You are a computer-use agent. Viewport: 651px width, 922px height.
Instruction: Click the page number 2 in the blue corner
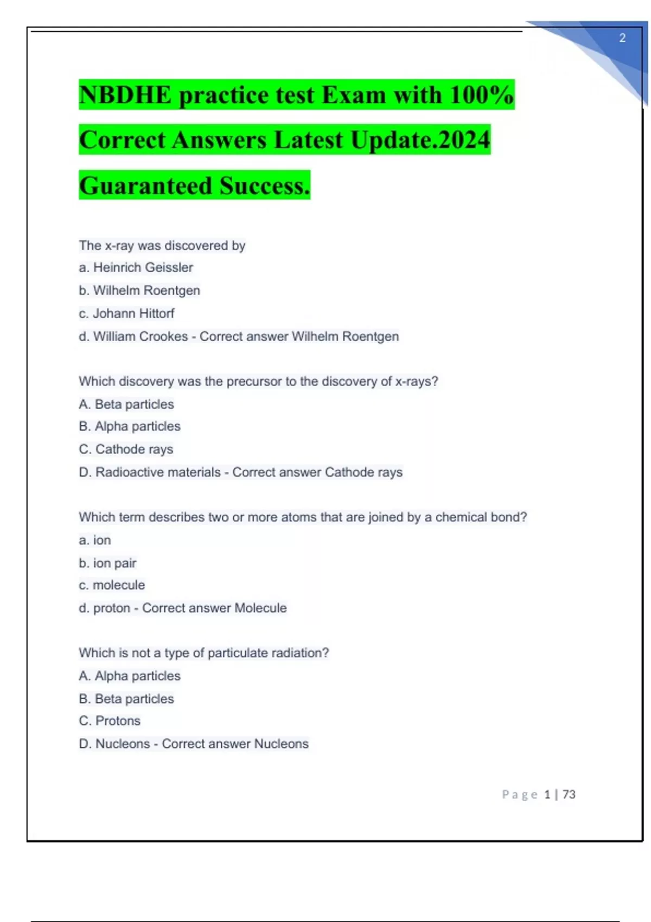622,38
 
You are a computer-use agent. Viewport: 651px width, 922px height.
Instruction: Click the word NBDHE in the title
125,95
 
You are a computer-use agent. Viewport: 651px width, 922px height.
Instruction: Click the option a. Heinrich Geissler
136,267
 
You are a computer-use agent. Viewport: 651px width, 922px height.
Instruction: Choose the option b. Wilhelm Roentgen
139,291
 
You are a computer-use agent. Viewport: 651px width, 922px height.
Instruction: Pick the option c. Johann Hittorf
126,313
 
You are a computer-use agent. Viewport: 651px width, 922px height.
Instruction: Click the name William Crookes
141,337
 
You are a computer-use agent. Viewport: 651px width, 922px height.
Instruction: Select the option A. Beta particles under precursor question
126,404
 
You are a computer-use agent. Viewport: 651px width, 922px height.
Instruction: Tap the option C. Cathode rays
126,449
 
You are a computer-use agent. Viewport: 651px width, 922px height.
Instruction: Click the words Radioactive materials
158,472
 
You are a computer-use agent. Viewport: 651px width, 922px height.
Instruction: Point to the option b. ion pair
107,563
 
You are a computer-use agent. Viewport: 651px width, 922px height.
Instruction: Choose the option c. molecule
112,585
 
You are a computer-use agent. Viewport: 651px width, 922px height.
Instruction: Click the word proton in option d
112,608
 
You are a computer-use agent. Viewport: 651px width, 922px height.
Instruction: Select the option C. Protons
110,721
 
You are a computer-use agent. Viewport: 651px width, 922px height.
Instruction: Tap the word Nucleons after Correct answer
281,744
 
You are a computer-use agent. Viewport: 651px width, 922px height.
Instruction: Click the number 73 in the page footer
569,795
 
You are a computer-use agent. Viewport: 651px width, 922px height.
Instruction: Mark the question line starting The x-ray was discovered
162,246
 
